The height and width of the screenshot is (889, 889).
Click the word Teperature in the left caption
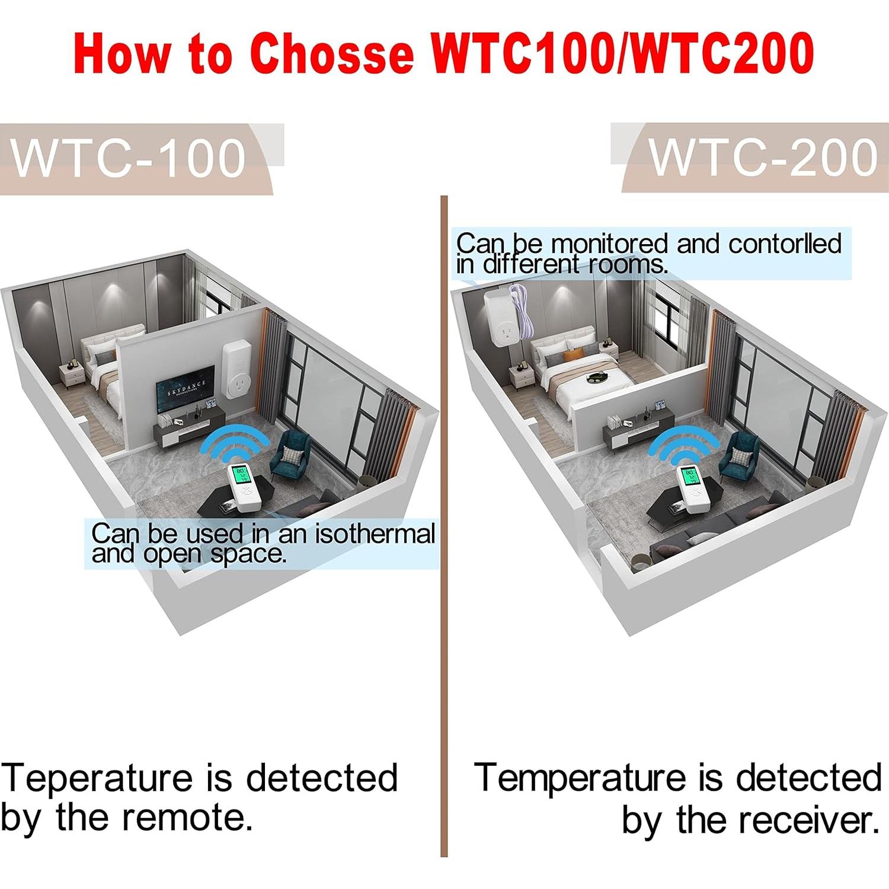click(x=97, y=778)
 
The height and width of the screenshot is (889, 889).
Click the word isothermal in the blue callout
click(x=375, y=533)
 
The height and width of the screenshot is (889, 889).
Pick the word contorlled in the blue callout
click(x=784, y=244)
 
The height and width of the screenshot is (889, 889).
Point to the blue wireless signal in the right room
click(x=683, y=446)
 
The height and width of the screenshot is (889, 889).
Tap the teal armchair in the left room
click(x=290, y=453)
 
